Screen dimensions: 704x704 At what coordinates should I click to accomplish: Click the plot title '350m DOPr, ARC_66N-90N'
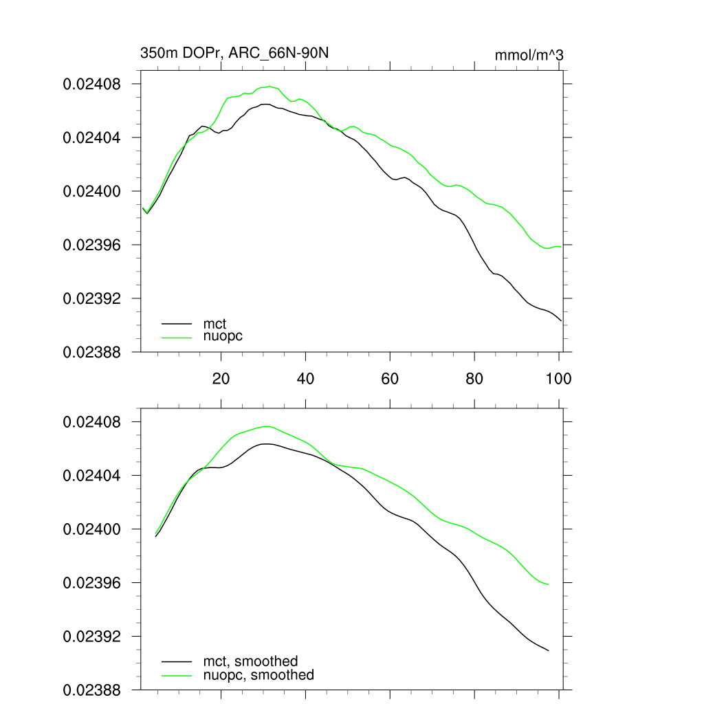238,53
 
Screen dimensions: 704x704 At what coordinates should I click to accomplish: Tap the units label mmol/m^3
529,55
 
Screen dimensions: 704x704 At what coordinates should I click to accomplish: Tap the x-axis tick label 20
221,378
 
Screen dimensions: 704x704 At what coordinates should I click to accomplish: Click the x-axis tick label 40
306,378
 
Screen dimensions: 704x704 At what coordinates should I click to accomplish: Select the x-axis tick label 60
390,378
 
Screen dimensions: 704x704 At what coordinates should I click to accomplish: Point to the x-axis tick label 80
474,378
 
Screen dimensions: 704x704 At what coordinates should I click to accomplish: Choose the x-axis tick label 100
558,378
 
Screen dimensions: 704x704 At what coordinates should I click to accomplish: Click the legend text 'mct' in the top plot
214,322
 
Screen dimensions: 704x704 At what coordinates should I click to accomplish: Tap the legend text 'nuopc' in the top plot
223,336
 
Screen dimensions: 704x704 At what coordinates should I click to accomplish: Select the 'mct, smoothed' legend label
250,661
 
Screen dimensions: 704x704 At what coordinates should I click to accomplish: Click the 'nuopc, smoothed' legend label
258,675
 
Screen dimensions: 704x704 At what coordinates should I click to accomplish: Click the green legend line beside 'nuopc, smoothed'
176,675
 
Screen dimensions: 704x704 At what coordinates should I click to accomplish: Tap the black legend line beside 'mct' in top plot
176,322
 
